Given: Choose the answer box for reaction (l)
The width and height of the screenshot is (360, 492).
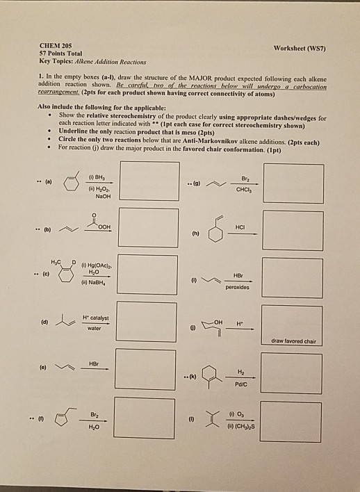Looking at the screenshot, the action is [293, 422].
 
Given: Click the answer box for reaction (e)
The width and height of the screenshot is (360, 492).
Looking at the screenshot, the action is [145, 370].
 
